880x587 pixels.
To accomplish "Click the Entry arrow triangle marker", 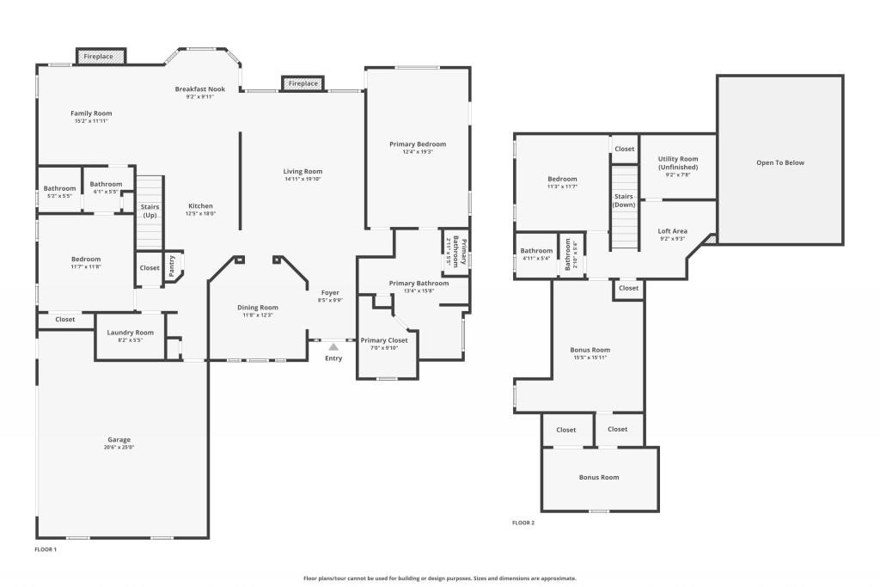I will (x=333, y=345).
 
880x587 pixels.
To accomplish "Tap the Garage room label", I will (x=119, y=439).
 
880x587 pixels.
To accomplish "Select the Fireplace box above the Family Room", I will (x=99, y=57).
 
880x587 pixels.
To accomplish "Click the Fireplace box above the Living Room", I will (x=302, y=83).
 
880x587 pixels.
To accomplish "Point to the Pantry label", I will (x=172, y=266).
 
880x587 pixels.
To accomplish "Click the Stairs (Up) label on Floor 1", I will (x=150, y=211).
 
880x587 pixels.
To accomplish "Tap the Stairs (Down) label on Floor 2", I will (x=624, y=200).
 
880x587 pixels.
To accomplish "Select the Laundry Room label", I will (x=131, y=333).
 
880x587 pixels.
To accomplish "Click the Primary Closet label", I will (x=384, y=340).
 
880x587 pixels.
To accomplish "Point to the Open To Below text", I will (x=780, y=162).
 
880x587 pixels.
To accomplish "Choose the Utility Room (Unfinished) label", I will (x=678, y=163).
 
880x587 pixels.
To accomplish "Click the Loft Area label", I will (x=673, y=230).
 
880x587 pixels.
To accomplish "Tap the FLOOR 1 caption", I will (x=46, y=548).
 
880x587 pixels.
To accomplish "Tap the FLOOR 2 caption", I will (x=523, y=523).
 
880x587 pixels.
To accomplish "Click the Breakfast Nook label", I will (x=199, y=89).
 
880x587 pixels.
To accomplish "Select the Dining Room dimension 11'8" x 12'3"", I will (x=258, y=315).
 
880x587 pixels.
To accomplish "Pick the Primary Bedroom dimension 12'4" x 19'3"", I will (x=418, y=152).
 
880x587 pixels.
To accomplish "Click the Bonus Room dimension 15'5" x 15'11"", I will (x=590, y=358).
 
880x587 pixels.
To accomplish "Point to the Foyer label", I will (x=331, y=293).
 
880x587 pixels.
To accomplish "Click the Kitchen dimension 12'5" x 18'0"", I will (x=201, y=214).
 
